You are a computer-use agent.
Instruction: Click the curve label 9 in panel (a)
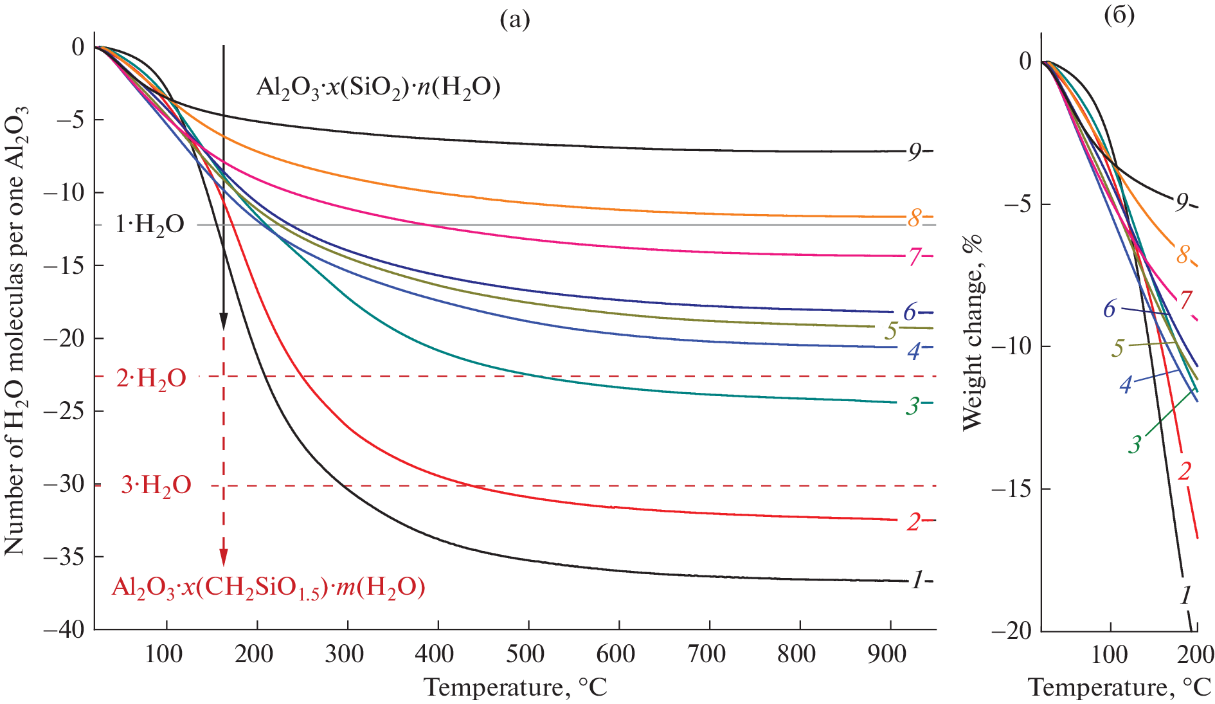914,152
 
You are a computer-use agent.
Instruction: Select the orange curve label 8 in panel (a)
914,219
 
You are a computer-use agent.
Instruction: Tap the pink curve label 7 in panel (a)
914,258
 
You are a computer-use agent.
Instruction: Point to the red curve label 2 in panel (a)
914,522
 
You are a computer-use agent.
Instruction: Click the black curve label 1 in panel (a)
917,581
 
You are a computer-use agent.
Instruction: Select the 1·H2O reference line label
150,224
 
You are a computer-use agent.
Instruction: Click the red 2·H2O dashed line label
152,378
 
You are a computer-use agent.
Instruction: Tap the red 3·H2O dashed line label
156,485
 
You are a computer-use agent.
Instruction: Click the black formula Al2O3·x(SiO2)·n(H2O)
378,86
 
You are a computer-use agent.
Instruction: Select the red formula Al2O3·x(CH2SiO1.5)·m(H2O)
269,587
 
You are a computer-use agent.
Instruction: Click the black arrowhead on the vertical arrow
223,321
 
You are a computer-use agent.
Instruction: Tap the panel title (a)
515,20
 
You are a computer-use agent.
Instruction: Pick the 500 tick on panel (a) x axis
525,655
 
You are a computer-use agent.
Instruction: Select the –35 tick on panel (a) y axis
64,557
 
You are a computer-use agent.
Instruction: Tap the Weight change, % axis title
973,333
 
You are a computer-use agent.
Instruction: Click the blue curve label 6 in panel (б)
1110,309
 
